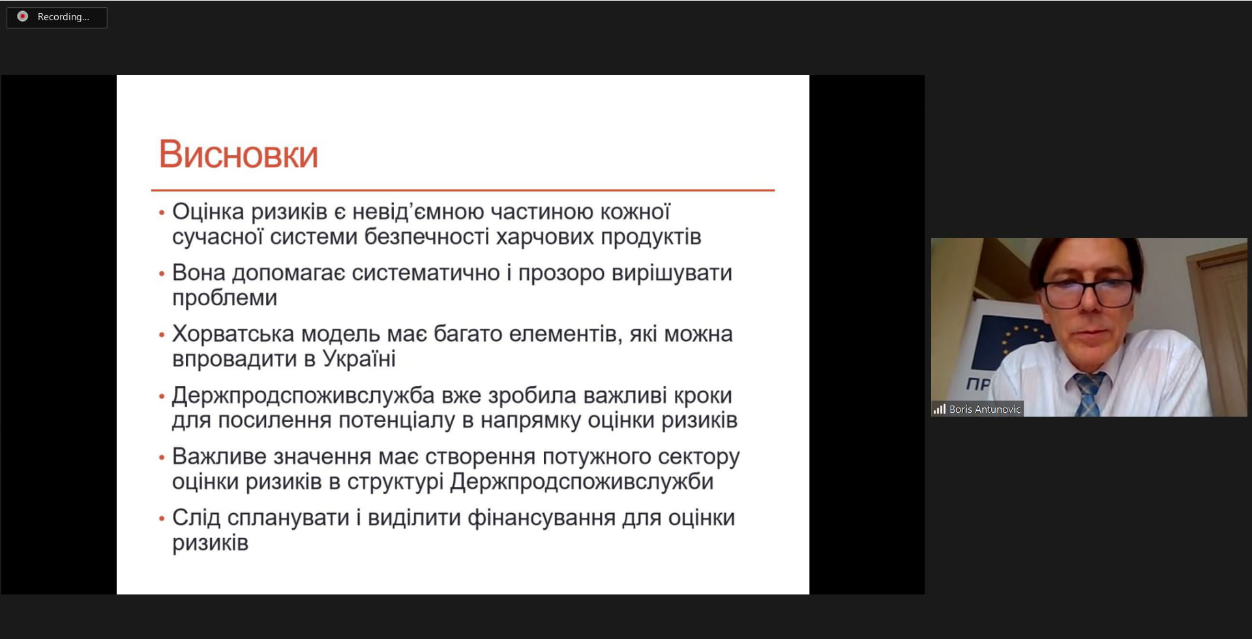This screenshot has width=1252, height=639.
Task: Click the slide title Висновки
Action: point(238,155)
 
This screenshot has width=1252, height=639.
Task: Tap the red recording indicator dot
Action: point(23,16)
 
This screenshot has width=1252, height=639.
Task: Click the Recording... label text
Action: point(63,17)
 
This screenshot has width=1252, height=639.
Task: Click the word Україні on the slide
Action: point(359,359)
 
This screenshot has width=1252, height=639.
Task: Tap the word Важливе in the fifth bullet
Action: point(219,456)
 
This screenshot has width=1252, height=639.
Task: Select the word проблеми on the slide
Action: point(224,298)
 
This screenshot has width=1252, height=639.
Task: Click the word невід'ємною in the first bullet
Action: point(418,212)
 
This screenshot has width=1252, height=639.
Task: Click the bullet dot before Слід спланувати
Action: point(162,519)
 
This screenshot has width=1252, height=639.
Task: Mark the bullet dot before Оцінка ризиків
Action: point(162,213)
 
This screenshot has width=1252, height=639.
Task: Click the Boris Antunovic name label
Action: point(985,409)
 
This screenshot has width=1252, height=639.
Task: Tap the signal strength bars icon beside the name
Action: point(939,409)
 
